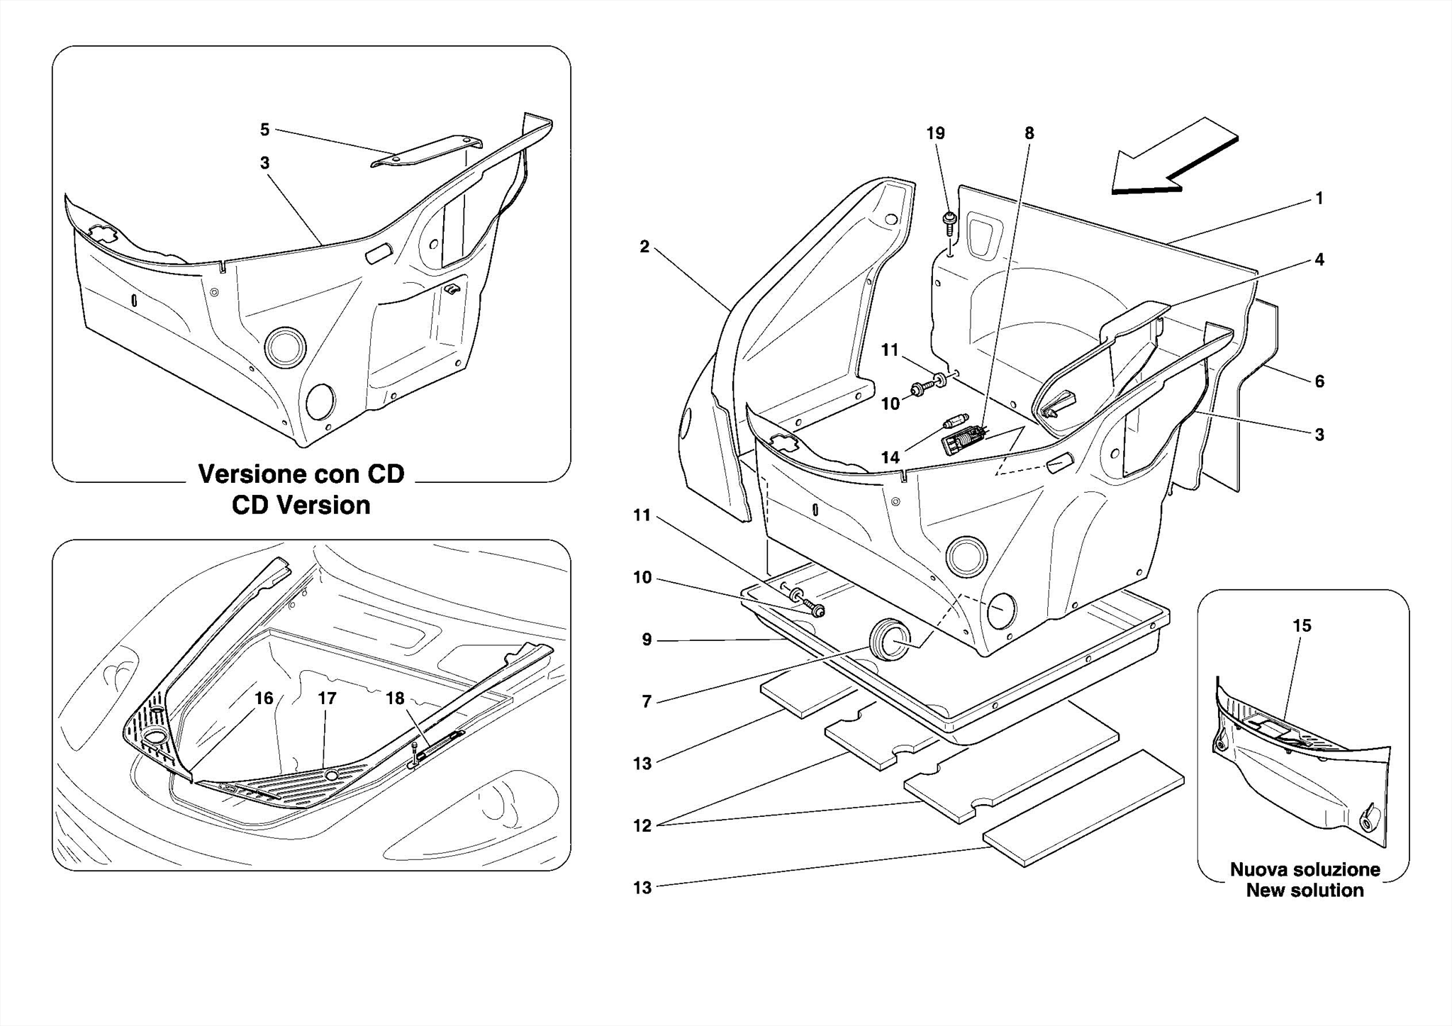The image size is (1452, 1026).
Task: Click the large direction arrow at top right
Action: point(1173,160)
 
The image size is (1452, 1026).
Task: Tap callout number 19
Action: point(935,133)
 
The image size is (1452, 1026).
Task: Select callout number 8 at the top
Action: point(1029,133)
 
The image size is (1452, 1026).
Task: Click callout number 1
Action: point(1319,199)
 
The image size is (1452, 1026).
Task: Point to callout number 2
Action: point(644,247)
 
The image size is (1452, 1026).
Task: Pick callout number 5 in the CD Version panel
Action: point(264,130)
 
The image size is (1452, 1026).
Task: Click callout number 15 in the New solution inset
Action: point(1302,625)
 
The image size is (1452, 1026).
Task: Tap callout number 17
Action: point(327,698)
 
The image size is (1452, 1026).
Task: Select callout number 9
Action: point(646,640)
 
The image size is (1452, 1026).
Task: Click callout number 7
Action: point(646,701)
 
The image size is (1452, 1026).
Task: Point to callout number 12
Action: point(642,826)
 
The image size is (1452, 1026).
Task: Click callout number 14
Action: point(890,457)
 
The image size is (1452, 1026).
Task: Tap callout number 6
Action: point(1319,381)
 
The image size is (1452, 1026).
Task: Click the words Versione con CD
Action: point(301,474)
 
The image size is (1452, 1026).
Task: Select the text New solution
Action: point(1305,891)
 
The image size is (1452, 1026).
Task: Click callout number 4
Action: point(1319,260)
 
